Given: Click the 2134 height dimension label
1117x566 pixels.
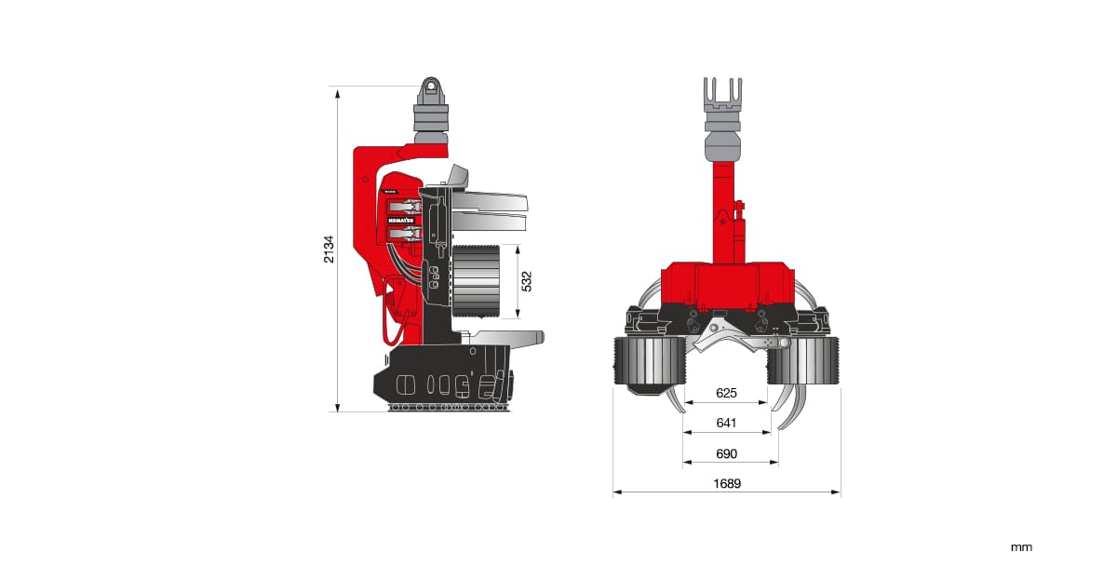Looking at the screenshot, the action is coord(329,249).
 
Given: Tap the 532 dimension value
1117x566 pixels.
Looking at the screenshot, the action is coord(527,281).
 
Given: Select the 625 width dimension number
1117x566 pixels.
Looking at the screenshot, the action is coord(726,393).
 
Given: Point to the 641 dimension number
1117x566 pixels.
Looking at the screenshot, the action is coord(726,423).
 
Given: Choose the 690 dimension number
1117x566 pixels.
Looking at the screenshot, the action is coord(726,453).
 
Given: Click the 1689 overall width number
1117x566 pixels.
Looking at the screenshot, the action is coord(727,484).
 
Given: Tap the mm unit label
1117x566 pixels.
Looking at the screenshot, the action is coord(1021,547).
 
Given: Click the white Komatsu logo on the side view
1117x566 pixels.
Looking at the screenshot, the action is coord(401,221).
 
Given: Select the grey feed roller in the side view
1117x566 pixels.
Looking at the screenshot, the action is coord(477,282).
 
